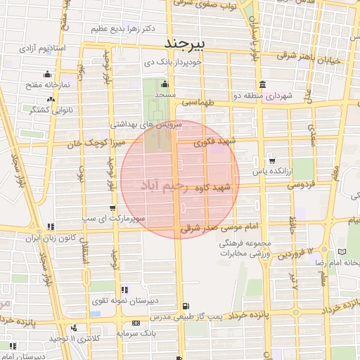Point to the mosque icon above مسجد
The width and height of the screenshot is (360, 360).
(x=165, y=84)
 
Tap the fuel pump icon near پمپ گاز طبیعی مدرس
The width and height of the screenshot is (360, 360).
(x=184, y=306)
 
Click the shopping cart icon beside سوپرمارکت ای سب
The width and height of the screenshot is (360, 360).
(x=113, y=207)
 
